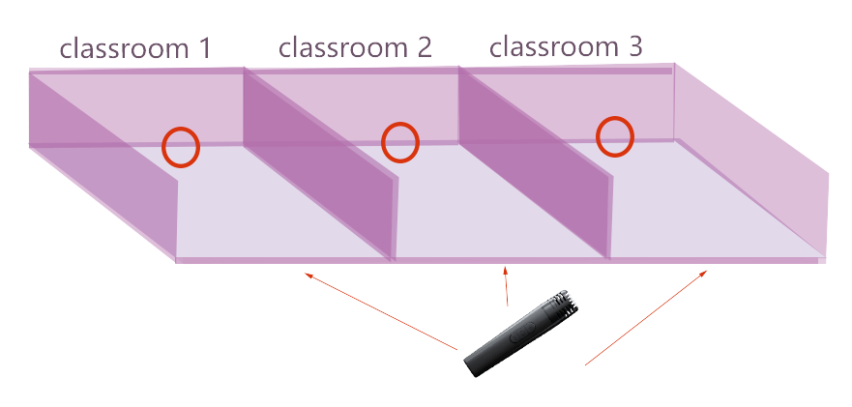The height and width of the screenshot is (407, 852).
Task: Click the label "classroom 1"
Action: (134, 49)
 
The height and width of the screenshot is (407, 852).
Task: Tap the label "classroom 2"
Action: (355, 47)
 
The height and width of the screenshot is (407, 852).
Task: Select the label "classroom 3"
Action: (566, 46)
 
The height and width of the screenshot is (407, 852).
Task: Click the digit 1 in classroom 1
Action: (203, 49)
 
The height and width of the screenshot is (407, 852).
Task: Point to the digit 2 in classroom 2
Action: (425, 47)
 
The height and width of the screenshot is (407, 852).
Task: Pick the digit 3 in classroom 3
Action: (635, 47)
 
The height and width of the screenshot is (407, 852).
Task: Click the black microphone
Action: (520, 334)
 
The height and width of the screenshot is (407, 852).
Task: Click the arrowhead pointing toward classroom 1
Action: (308, 276)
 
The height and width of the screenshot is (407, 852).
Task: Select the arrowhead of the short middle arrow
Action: (506, 271)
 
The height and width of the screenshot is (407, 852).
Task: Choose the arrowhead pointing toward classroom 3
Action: (703, 274)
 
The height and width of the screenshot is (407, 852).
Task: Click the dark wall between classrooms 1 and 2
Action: (320, 163)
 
